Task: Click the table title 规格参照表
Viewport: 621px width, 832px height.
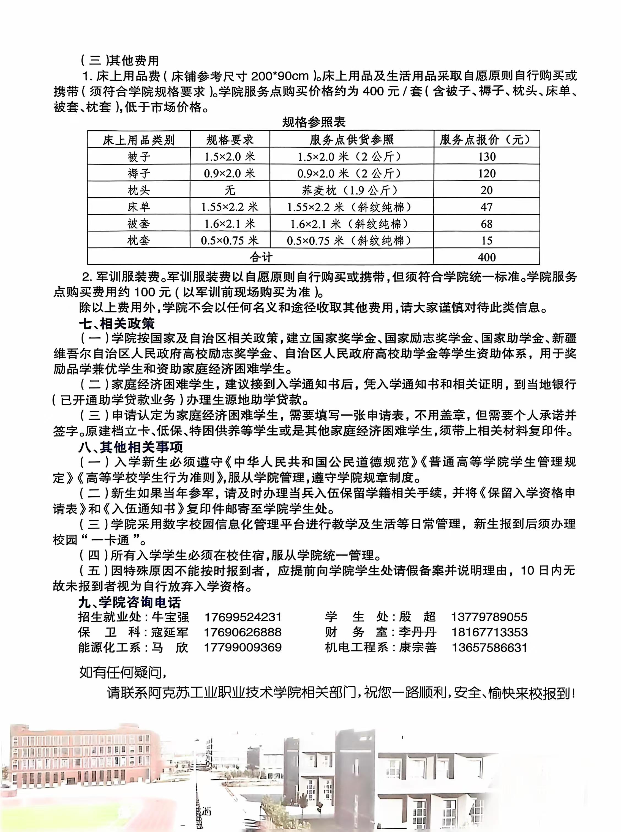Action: coord(313,122)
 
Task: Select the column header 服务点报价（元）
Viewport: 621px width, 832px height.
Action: coord(486,140)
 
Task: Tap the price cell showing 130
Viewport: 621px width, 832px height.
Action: coord(486,157)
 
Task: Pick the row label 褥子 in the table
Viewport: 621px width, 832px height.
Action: coord(139,173)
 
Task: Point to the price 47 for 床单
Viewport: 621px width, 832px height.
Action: coord(486,207)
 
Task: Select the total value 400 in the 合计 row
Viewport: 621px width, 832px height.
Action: coord(486,257)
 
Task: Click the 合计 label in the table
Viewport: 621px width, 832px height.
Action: coord(260,257)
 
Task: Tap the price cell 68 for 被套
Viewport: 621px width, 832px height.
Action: coord(486,224)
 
